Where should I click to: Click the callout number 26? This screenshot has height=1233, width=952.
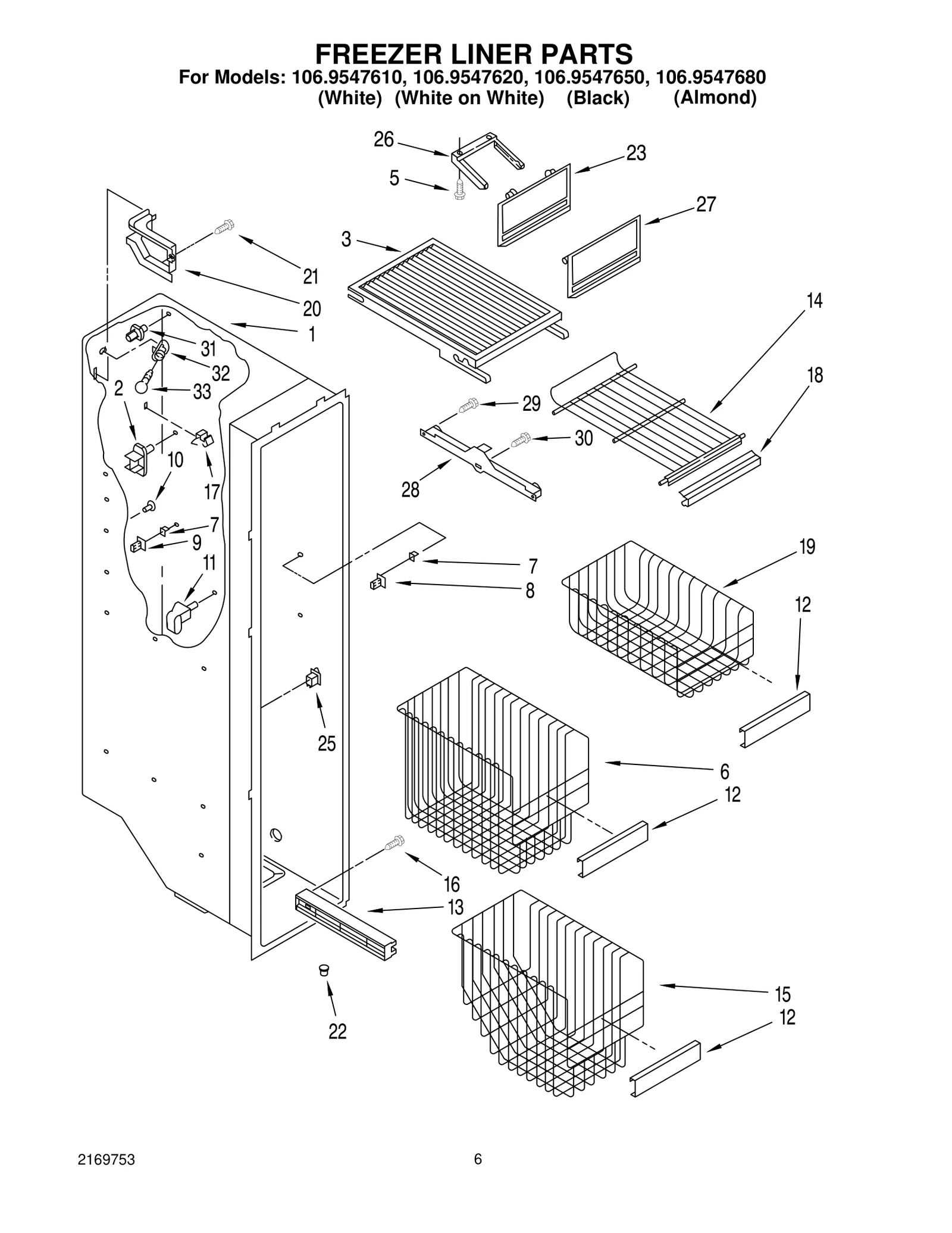(384, 139)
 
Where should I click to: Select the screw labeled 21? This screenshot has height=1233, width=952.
(225, 227)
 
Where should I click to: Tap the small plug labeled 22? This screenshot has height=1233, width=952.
(324, 969)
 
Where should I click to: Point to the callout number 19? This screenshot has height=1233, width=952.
(807, 547)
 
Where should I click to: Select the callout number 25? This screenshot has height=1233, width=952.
(327, 744)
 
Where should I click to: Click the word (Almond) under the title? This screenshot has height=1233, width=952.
(715, 98)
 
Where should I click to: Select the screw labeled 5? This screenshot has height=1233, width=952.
(459, 190)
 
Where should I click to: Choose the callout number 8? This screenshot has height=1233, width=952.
(530, 591)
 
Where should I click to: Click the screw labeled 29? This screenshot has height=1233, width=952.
(468, 407)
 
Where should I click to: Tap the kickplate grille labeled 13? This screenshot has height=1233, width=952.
(345, 930)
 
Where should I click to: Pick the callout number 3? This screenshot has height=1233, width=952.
(346, 239)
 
